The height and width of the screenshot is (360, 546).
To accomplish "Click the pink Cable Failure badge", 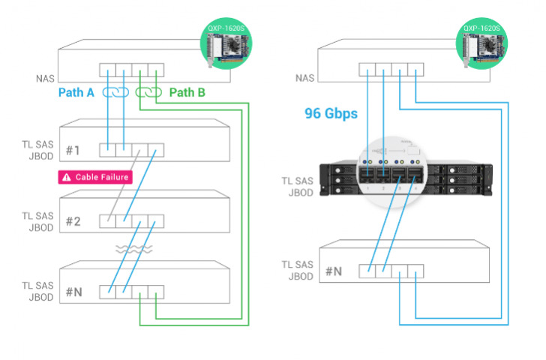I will [x=95, y=177].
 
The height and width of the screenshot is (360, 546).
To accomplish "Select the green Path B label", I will [x=187, y=94].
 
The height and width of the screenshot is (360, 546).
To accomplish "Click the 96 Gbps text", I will [x=330, y=114].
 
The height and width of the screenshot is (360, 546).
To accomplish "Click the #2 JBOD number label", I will [x=73, y=221].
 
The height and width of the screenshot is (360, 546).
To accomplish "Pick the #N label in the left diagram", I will [x=73, y=292].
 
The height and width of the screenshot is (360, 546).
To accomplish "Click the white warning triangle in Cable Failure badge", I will [x=67, y=177].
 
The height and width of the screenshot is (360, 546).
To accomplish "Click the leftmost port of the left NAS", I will [x=108, y=71].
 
